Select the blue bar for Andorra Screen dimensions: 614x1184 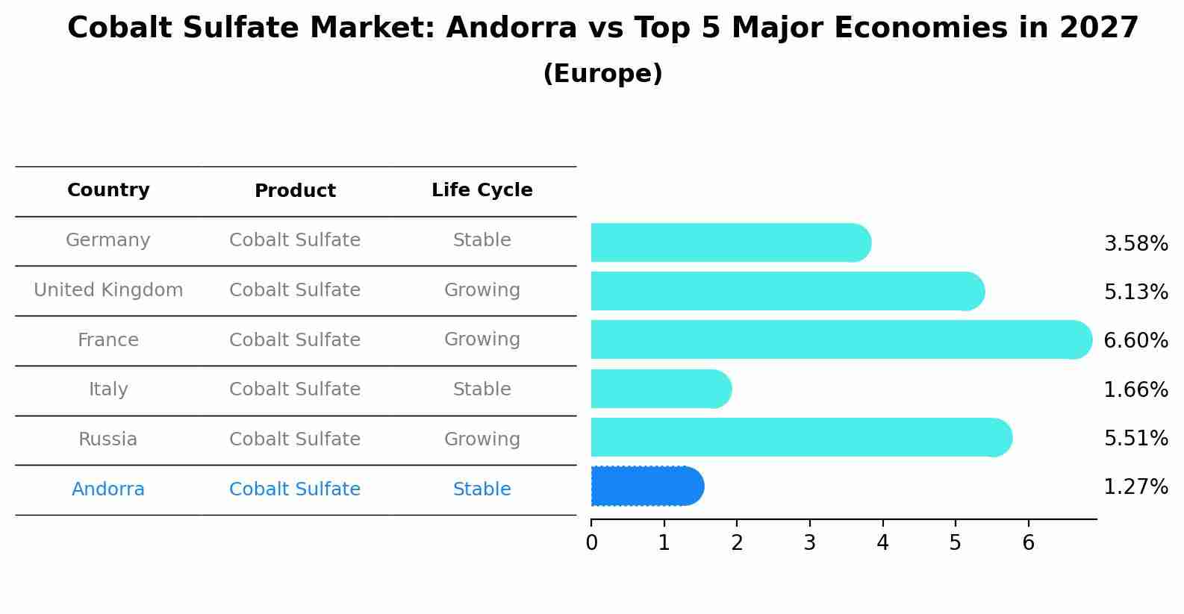tap(646, 486)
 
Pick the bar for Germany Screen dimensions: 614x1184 tap(730, 242)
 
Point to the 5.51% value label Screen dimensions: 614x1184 tap(1135, 438)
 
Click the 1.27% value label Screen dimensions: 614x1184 tap(1135, 487)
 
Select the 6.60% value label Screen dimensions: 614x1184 tap(1135, 341)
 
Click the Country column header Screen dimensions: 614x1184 tap(108, 190)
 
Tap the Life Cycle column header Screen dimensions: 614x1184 tap(482, 190)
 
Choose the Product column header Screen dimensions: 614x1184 tap(295, 191)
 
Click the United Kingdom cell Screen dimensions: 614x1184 tap(108, 290)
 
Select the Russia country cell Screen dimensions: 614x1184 tap(108, 439)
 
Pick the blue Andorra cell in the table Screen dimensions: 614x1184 tap(108, 489)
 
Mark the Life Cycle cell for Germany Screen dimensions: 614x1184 tap(482, 240)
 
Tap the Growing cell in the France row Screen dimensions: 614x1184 tap(482, 339)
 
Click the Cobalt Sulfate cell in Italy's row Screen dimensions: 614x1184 tap(295, 389)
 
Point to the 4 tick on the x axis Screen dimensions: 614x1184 tap(882, 543)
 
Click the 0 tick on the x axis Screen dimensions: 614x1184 tap(591, 543)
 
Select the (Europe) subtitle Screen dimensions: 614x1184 tap(602, 74)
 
